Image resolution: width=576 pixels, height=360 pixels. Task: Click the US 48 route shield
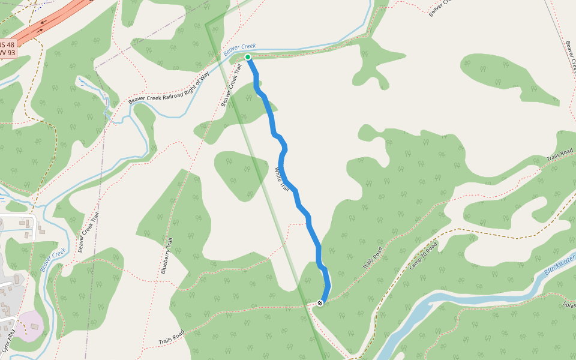pos(7,44)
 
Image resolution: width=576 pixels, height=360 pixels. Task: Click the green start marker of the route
pos(248,57)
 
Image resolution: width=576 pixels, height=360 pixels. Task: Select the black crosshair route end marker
pos(320,303)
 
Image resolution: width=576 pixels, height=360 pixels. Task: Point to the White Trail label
pos(281,179)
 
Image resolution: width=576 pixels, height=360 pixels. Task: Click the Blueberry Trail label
pos(166,256)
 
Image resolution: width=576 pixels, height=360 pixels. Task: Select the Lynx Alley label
pos(8,340)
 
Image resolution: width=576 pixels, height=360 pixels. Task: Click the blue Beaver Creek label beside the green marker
pos(239,50)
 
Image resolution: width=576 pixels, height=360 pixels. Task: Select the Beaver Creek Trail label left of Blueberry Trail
pos(88,232)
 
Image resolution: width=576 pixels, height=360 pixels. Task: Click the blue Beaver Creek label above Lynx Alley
pos(53,260)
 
